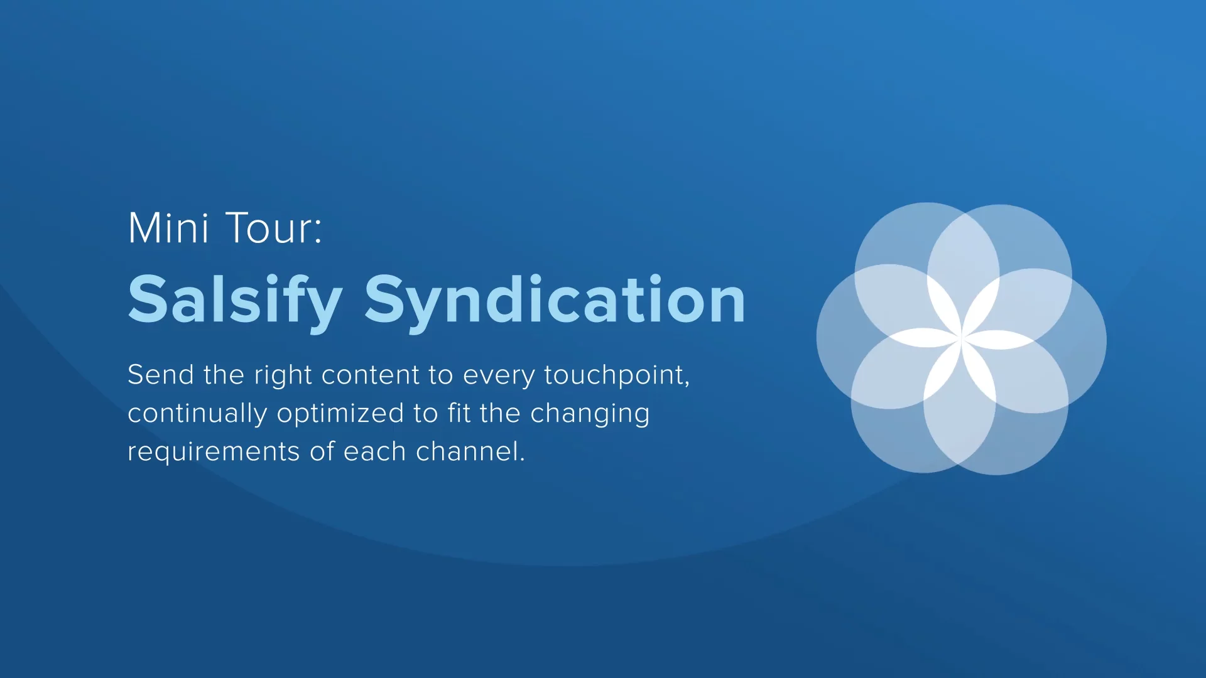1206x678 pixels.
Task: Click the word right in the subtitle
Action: (283, 376)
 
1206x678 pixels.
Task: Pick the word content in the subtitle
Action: (370, 375)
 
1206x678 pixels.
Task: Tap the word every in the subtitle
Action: (499, 376)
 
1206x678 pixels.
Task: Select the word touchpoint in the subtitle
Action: (613, 376)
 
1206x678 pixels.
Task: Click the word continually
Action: (197, 414)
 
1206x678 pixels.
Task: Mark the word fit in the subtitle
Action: (459, 413)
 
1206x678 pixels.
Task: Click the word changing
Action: (590, 414)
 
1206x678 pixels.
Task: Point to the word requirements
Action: (214, 453)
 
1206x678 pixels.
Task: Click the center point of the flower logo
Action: (961, 338)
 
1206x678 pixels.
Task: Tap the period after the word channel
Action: (522, 460)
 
